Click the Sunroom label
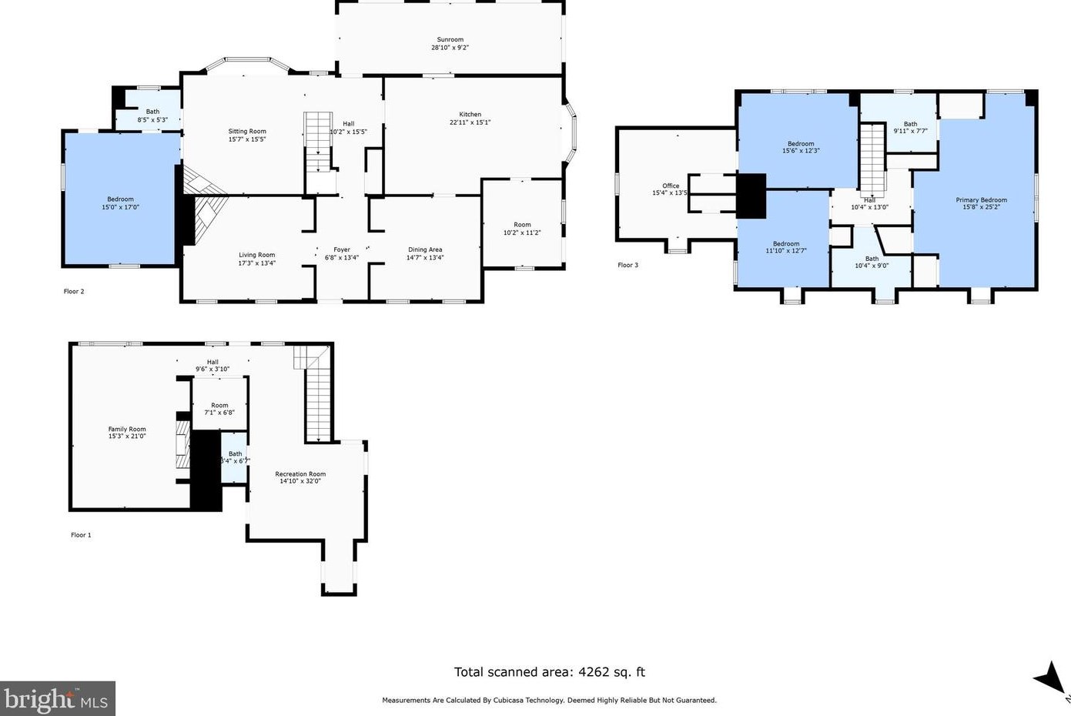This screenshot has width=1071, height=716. (450, 39)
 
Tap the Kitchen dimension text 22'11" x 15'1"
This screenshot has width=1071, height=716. (470, 122)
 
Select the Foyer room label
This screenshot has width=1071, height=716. (342, 249)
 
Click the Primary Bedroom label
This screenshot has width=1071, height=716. (981, 200)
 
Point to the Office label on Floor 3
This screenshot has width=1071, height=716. (671, 186)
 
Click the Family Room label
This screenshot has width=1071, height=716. (127, 429)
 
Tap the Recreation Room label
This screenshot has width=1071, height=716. (300, 474)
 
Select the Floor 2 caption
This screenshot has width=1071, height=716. (74, 291)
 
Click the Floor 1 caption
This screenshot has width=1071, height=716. (81, 535)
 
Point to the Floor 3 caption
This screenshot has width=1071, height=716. (628, 265)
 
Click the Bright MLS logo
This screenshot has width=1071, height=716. (57, 699)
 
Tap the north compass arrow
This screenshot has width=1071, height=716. (1049, 679)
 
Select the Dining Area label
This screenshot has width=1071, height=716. (425, 249)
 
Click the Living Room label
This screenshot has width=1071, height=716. (256, 255)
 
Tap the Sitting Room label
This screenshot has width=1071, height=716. (247, 132)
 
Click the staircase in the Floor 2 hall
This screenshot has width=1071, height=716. (317, 142)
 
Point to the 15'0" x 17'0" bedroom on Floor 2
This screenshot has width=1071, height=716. (121, 202)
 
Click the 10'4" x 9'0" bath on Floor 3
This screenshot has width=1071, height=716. (872, 262)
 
